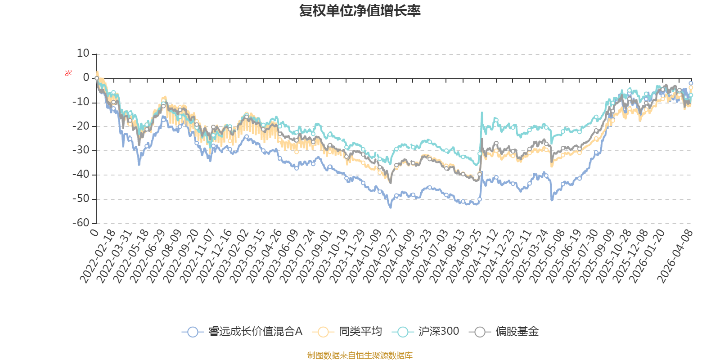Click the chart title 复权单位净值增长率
(x=360, y=11)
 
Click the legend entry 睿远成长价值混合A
(x=243, y=332)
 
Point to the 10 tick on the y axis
(x=83, y=54)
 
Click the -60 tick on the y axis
(x=81, y=223)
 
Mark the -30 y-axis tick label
(x=81, y=150)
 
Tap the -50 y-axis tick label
(x=81, y=198)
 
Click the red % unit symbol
(x=68, y=73)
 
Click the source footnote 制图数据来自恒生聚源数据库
(x=360, y=355)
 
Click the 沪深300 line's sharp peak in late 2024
(x=482, y=112)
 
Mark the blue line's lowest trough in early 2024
(x=390, y=207)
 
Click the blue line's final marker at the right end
(x=691, y=83)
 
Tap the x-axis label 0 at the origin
(x=94, y=232)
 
